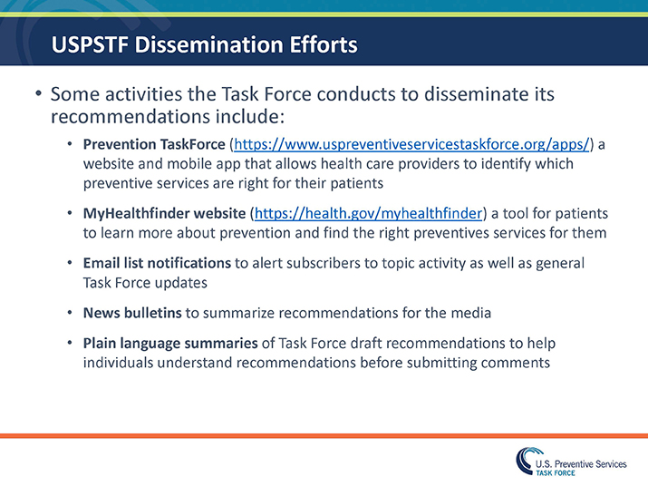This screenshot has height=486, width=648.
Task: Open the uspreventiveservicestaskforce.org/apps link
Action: pyautogui.click(x=412, y=144)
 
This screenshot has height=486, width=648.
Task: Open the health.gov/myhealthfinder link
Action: pyautogui.click(x=368, y=213)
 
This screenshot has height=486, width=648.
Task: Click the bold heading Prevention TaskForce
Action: pyautogui.click(x=154, y=144)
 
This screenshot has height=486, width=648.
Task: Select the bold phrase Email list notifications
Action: pyautogui.click(x=157, y=263)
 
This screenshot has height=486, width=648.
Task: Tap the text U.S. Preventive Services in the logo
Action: pyautogui.click(x=581, y=463)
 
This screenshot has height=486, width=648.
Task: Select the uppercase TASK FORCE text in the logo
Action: pyautogui.click(x=556, y=473)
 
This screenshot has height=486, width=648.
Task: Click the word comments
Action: pyautogui.click(x=517, y=363)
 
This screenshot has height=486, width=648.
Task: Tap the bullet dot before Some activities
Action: pyautogui.click(x=38, y=94)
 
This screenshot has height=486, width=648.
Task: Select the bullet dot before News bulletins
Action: pyautogui.click(x=71, y=313)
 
